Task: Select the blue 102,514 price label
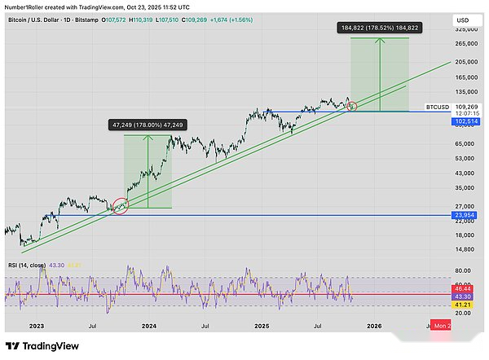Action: click(x=466, y=121)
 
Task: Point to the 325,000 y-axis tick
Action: click(x=466, y=29)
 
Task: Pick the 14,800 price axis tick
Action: click(x=465, y=250)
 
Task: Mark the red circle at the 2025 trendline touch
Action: click(x=352, y=106)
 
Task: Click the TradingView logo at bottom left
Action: click(x=42, y=345)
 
